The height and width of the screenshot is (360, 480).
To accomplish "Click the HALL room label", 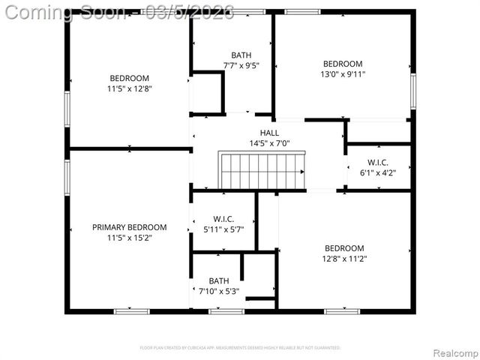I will pos(269,133).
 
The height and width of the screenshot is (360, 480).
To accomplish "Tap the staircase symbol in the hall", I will pos(262,171).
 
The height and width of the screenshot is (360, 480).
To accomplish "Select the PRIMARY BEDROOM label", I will pos(129,227).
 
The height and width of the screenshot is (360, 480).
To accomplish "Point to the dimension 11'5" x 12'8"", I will pos(129,89).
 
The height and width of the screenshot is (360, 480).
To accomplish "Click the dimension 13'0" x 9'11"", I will pos(343,75).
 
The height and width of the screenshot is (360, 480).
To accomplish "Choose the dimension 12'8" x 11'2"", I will pos(344,259).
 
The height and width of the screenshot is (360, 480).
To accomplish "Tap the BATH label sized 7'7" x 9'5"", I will pos(241,55).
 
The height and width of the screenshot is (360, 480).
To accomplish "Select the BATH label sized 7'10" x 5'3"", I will pos(219,281).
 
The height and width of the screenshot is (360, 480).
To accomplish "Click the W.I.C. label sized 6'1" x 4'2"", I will pos(377,163).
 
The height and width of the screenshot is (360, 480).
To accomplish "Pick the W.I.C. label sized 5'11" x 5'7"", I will pos(223,220).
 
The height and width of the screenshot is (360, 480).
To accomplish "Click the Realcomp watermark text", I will pos(453,352).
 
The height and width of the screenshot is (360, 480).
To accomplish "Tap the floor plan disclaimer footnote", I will pos(241,348).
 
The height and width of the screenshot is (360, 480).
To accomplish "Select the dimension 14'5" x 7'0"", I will pos(269,143).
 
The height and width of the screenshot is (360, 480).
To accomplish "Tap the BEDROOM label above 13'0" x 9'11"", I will pos(343,64).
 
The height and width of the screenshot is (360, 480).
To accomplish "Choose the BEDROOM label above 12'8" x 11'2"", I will pos(344,248).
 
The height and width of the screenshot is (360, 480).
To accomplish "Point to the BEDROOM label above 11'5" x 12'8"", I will pos(129,79).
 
